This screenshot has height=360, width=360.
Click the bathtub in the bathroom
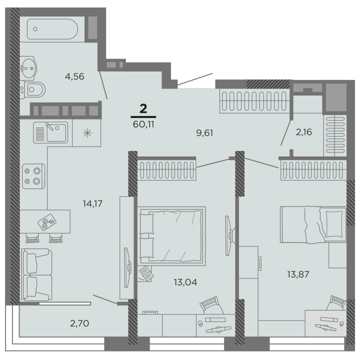52,29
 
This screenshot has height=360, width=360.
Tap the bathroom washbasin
28,68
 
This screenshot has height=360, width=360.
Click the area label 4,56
74,76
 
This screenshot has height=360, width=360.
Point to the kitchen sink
50,132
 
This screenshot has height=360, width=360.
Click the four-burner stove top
33,176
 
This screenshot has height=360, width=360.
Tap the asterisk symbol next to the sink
87,133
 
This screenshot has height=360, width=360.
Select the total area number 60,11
143,124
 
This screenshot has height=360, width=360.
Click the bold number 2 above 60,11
143,108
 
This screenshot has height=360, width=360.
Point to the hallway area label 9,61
204,132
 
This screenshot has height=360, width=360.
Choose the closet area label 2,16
304,132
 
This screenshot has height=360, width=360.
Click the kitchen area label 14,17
92,203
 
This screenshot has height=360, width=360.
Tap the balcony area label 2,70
79,323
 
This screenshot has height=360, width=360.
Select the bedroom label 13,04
185,282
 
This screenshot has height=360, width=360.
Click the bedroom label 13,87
298,274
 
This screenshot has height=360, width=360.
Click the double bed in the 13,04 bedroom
171,236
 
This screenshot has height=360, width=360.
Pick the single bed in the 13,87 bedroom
313,224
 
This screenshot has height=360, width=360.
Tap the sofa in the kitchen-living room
36,274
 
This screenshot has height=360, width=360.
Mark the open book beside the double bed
146,273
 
